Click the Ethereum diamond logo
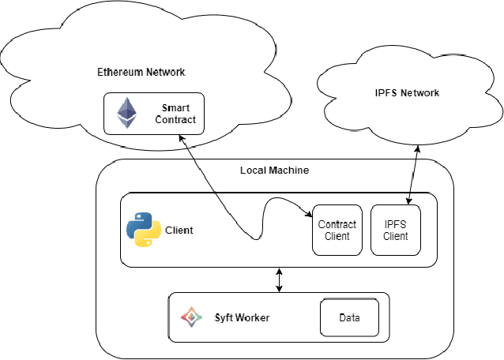point(125,114)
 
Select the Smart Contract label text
point(178,114)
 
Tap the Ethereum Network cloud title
point(141,72)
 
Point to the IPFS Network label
point(407,93)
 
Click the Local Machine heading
point(274,171)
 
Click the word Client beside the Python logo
point(179,231)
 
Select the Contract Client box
point(337,230)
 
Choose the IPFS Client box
point(395,230)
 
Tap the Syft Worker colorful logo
point(190,317)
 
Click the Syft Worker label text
point(243,317)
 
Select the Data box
point(349,317)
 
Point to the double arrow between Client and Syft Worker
point(278,279)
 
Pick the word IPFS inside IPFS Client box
point(395,224)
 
